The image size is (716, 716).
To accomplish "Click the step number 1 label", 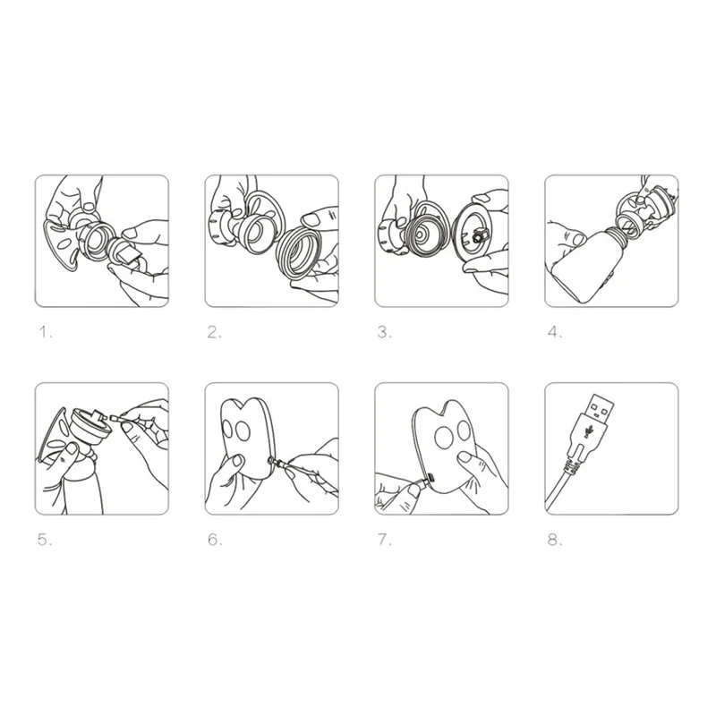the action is (46, 332).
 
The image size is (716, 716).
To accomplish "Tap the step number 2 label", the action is (214, 332).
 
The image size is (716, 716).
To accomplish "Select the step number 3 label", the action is (385, 332).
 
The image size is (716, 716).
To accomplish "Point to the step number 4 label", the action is (555, 332).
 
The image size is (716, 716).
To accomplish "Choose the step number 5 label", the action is (45, 540).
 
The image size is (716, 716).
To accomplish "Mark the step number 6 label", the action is (215, 540).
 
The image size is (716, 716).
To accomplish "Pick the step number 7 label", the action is (385, 540).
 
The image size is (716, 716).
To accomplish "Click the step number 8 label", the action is (555, 540).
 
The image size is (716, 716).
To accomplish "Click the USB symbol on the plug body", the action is (590, 430).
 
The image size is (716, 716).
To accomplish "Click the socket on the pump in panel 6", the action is (271, 461).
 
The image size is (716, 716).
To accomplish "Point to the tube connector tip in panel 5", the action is (113, 417).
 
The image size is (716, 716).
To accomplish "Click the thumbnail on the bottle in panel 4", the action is (577, 239).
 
